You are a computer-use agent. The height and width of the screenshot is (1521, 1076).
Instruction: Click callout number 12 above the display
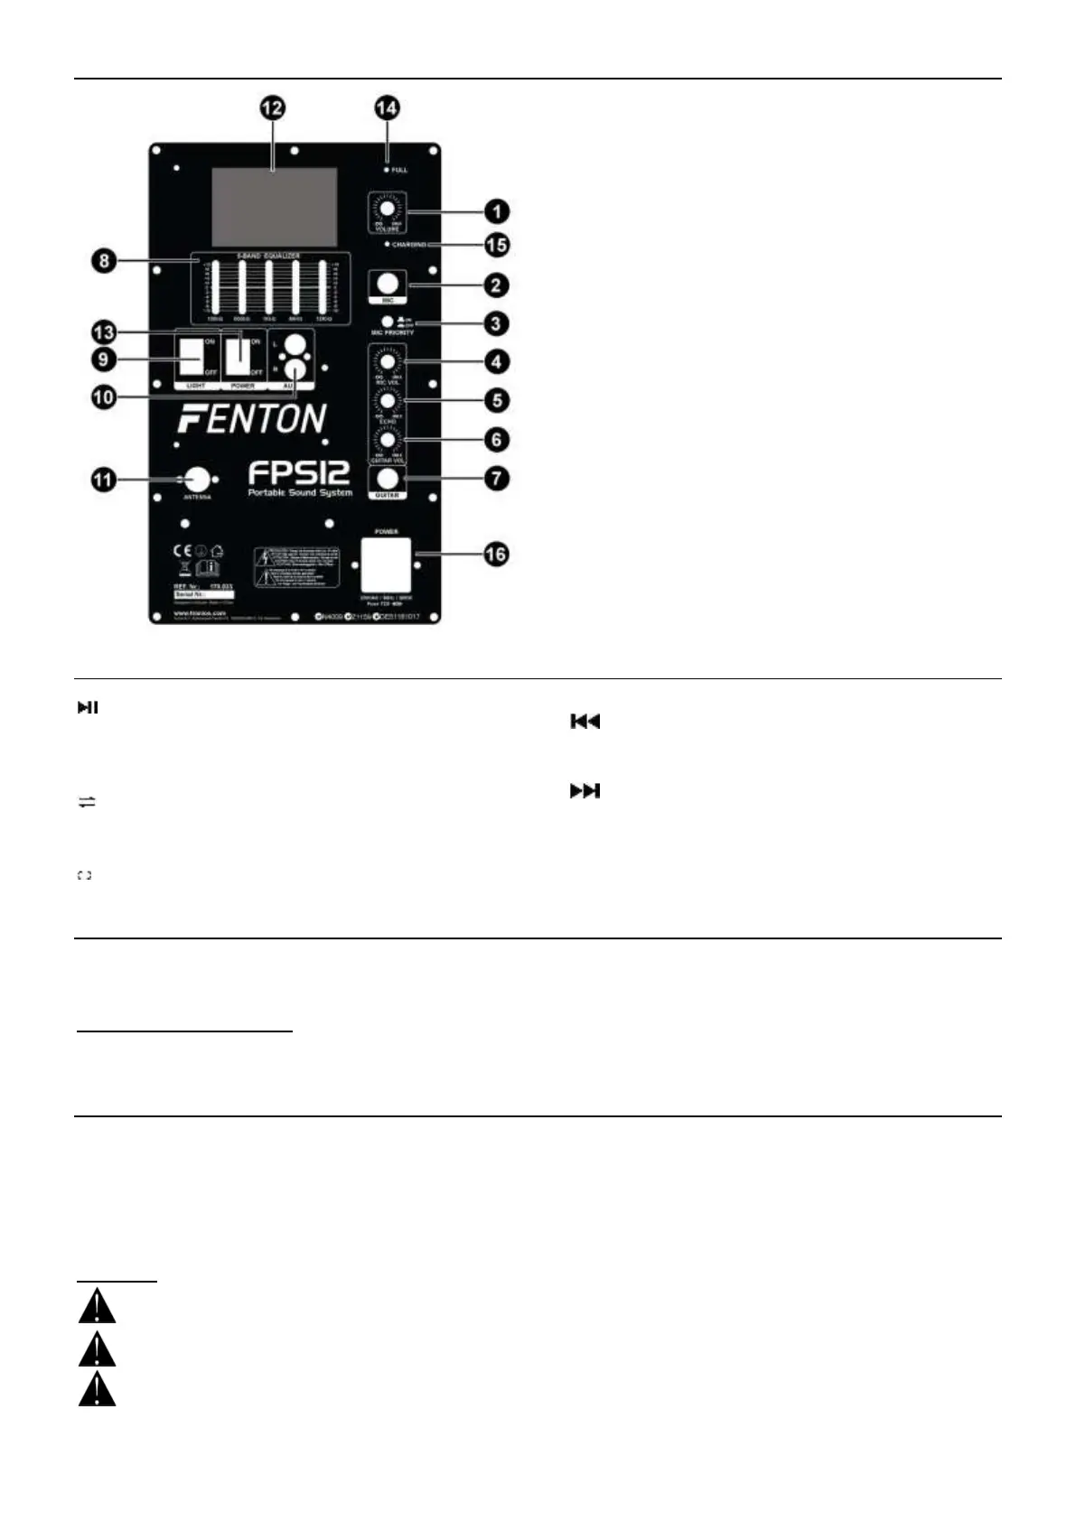pyautogui.click(x=272, y=108)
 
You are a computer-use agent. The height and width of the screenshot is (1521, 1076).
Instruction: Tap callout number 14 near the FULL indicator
pyautogui.click(x=387, y=108)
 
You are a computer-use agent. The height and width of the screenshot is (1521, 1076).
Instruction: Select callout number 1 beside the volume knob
pyautogui.click(x=495, y=212)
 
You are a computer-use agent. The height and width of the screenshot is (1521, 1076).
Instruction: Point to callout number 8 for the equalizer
pyautogui.click(x=107, y=263)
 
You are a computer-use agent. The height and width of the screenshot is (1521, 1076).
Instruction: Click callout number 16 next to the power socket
pyautogui.click(x=495, y=554)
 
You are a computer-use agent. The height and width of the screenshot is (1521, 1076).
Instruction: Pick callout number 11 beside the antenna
pyautogui.click(x=106, y=479)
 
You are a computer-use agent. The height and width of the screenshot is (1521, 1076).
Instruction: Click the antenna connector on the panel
pyautogui.click(x=197, y=479)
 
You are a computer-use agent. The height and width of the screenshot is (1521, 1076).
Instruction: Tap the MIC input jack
pyautogui.click(x=388, y=284)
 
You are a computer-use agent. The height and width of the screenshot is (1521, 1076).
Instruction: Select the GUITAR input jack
pyautogui.click(x=388, y=478)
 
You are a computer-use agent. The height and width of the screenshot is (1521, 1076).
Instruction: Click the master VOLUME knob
pyautogui.click(x=387, y=209)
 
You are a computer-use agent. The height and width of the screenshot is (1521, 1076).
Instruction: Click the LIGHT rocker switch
pyautogui.click(x=191, y=356)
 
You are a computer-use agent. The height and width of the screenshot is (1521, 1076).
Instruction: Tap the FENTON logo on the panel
pyautogui.click(x=252, y=419)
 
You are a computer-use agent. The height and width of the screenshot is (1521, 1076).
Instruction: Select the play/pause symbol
pyautogui.click(x=87, y=708)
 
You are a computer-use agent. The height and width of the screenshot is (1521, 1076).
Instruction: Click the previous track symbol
pyautogui.click(x=585, y=722)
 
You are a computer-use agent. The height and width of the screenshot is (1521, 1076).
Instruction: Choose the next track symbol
pyautogui.click(x=585, y=791)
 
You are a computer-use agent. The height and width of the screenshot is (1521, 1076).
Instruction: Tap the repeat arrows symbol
pyautogui.click(x=87, y=802)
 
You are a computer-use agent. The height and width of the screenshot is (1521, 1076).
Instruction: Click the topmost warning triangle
pyautogui.click(x=97, y=1307)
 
